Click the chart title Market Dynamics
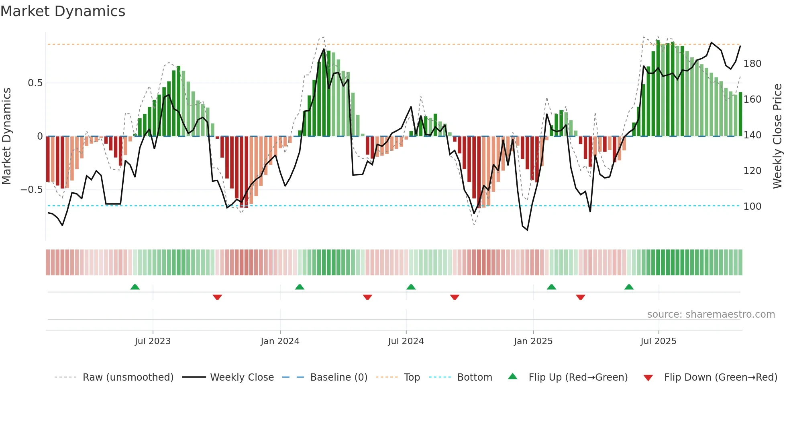click(x=63, y=11)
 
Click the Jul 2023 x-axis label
click(x=153, y=341)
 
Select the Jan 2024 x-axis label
click(x=280, y=341)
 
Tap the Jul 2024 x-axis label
click(x=406, y=341)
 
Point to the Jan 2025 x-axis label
click(x=533, y=341)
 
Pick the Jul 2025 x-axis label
click(x=659, y=341)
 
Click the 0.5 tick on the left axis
click(x=35, y=83)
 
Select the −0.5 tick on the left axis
click(x=32, y=190)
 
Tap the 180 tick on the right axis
click(x=752, y=64)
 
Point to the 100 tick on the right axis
click(x=752, y=207)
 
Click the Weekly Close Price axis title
click(x=778, y=136)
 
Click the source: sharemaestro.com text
click(x=711, y=314)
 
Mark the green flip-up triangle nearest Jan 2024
click(x=300, y=287)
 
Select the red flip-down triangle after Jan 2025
click(x=580, y=297)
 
